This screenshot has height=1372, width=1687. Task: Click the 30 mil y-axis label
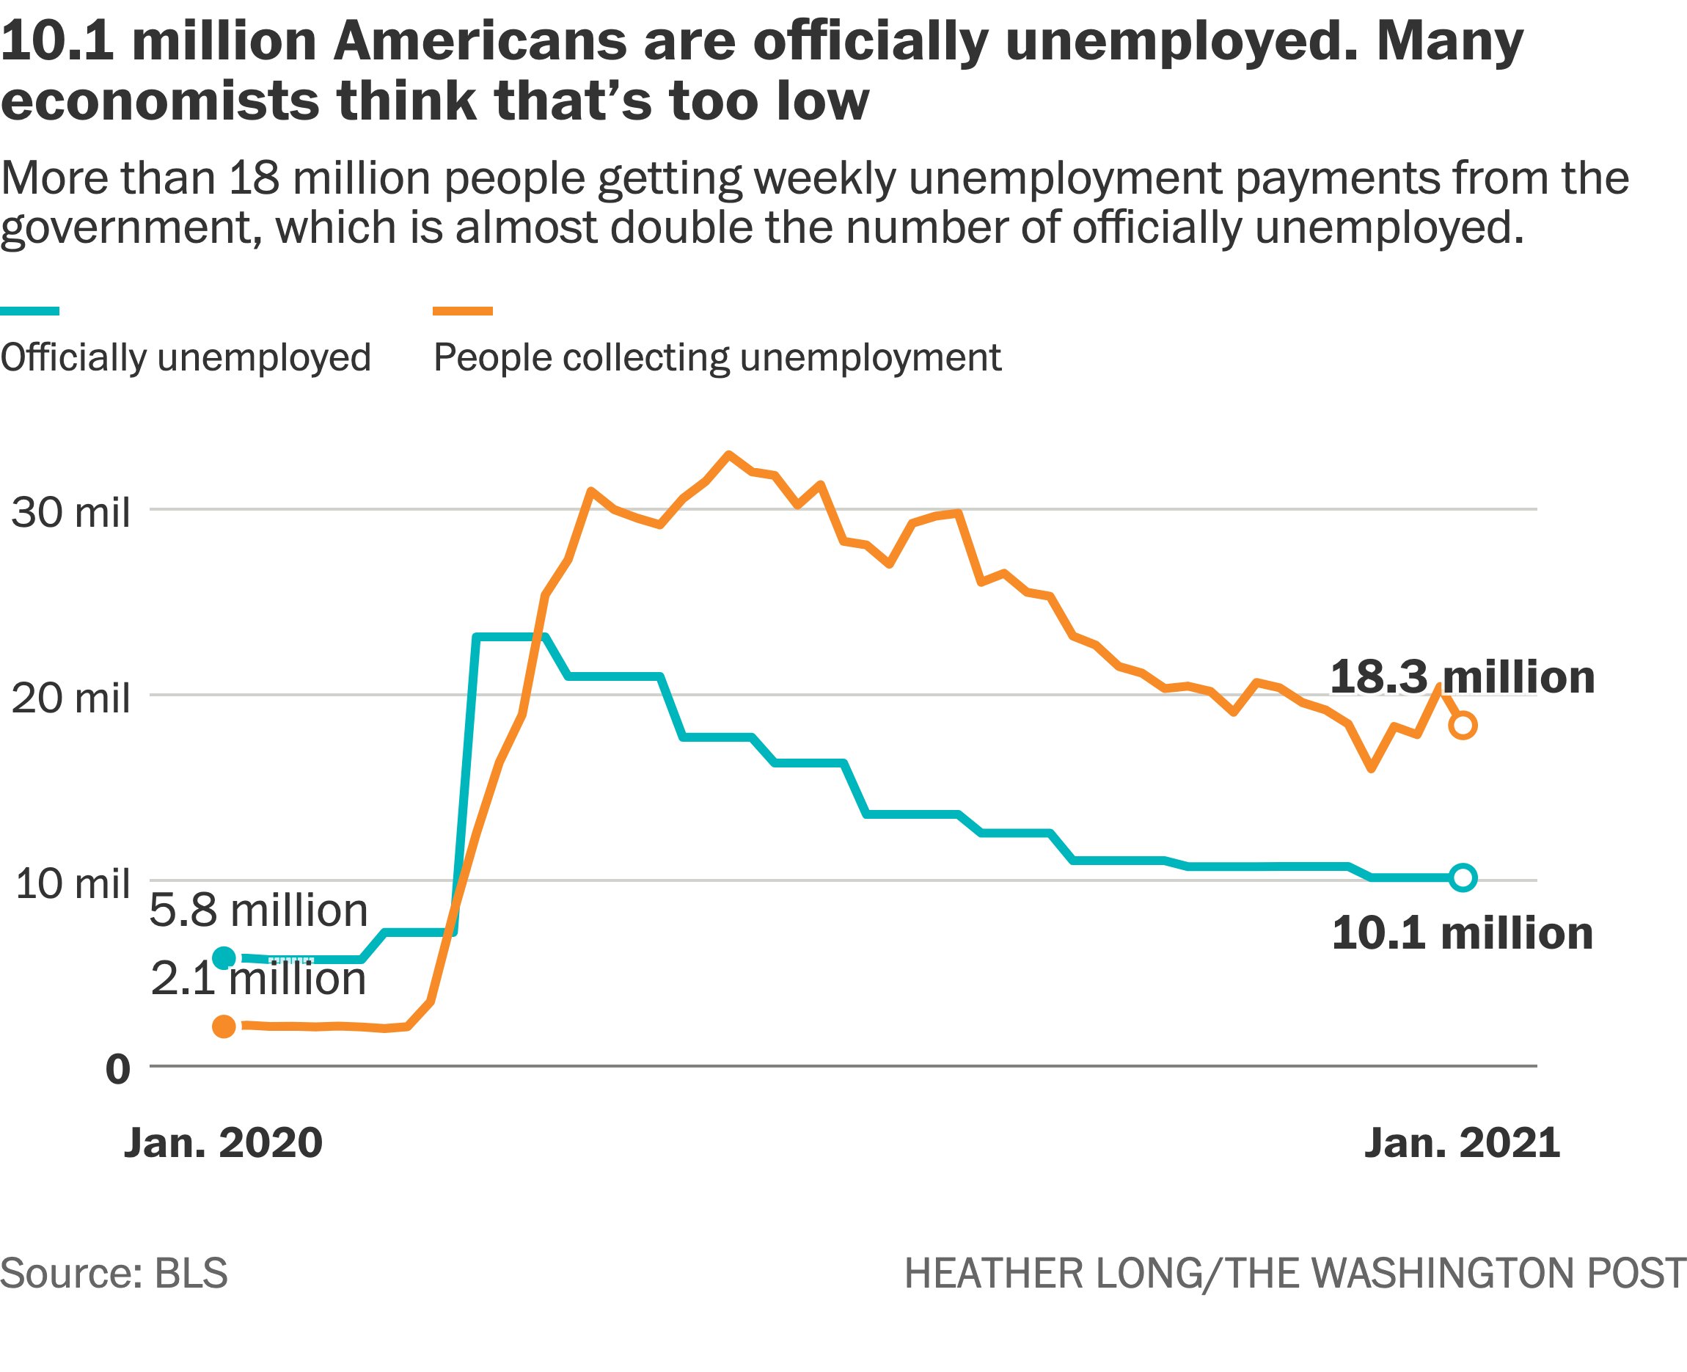pyautogui.click(x=70, y=512)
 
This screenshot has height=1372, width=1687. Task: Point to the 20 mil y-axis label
pyautogui.click(x=70, y=698)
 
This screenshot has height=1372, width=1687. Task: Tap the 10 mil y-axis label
pyautogui.click(x=72, y=883)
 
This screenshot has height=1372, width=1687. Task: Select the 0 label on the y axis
pyautogui.click(x=118, y=1068)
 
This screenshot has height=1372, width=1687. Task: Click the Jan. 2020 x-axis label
pyautogui.click(x=224, y=1143)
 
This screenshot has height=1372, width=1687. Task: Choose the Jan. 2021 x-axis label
pyautogui.click(x=1463, y=1143)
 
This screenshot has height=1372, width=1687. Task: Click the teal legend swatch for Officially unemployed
pyautogui.click(x=30, y=311)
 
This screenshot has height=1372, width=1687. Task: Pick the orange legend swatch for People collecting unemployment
pyautogui.click(x=463, y=311)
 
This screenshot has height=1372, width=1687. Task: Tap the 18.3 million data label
pyautogui.click(x=1463, y=677)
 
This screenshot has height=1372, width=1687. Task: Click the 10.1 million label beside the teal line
pyautogui.click(x=1463, y=933)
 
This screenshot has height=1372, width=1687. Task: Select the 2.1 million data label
pyautogui.click(x=258, y=979)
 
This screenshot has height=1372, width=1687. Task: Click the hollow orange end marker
pyautogui.click(x=1463, y=725)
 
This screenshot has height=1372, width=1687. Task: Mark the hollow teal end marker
pyautogui.click(x=1463, y=877)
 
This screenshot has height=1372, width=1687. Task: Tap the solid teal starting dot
pyautogui.click(x=224, y=958)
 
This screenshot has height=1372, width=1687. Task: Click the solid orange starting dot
pyautogui.click(x=224, y=1026)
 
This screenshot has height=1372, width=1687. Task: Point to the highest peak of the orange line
pyautogui.click(x=728, y=454)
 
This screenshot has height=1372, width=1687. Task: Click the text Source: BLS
pyautogui.click(x=114, y=1274)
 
